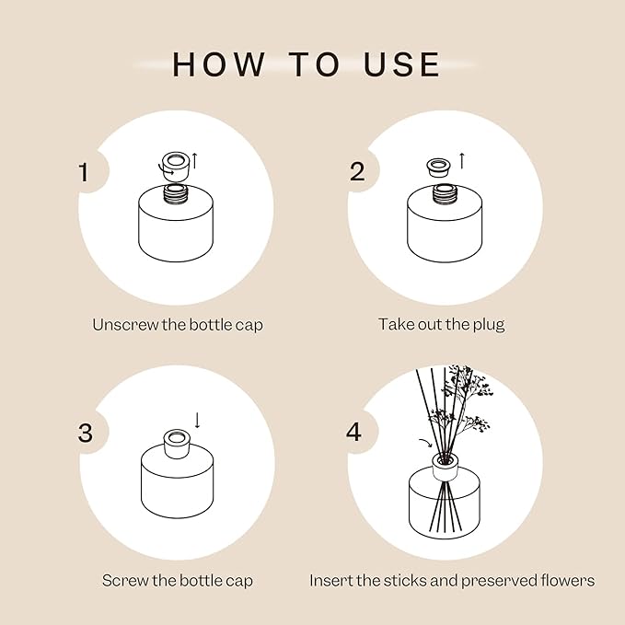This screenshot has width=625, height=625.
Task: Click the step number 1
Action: click(x=85, y=173)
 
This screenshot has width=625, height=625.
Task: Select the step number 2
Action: click(x=356, y=171)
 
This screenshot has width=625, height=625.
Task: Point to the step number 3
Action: click(x=86, y=434)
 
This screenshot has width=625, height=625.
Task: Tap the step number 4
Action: click(x=354, y=433)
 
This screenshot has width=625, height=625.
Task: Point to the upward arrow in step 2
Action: click(x=461, y=162)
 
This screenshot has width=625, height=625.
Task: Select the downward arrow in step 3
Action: click(x=197, y=421)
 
